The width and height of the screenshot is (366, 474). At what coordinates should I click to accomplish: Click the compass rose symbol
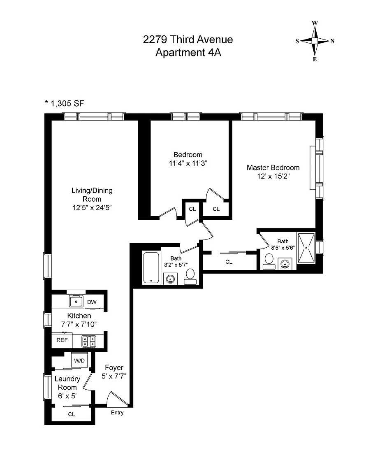click(315, 41)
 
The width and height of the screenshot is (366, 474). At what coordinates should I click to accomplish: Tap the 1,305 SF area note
click(65, 103)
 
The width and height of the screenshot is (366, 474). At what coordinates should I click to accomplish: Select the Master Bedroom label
click(273, 167)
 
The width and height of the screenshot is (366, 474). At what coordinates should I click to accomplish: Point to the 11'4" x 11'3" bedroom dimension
click(188, 163)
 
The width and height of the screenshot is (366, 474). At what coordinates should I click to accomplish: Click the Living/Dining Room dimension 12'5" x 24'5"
click(92, 208)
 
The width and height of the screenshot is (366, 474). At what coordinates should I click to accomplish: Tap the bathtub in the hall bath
click(151, 268)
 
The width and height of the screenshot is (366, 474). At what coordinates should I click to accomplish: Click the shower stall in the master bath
click(306, 248)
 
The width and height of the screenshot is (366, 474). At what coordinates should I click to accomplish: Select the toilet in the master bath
click(269, 262)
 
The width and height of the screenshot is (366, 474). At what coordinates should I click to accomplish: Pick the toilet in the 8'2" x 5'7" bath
click(190, 277)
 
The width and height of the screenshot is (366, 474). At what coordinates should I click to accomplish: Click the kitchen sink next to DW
click(76, 301)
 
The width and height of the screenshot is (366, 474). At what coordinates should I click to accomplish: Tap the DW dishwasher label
click(92, 302)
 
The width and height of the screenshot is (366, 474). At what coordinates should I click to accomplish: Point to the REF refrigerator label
click(62, 340)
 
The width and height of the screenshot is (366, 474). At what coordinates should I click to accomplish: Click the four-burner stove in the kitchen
click(89, 341)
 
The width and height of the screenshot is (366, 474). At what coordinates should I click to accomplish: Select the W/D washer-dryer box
click(79, 360)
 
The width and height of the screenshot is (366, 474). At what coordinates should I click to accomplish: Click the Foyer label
click(114, 367)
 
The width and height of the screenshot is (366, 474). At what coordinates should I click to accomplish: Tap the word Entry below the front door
click(117, 413)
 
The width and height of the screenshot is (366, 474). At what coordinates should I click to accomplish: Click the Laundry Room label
click(67, 383)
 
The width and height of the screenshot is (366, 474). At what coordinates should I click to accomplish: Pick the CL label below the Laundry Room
click(71, 414)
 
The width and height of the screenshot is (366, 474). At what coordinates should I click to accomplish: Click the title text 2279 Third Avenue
click(188, 39)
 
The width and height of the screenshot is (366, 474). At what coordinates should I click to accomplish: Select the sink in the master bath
click(285, 264)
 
